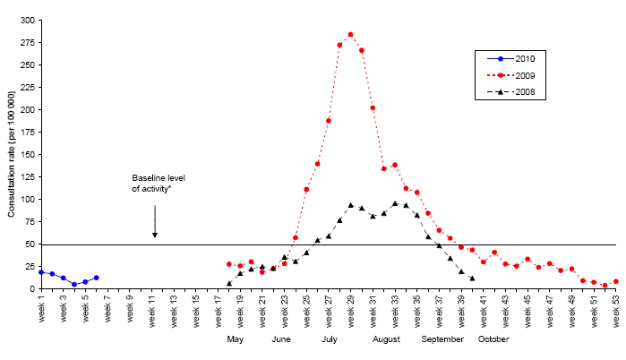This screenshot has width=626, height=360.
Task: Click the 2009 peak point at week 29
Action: (x=350, y=34)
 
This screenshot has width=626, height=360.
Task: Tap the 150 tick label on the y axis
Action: (x=27, y=155)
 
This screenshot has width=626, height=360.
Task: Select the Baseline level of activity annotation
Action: (x=155, y=184)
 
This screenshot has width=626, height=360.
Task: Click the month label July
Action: (x=330, y=339)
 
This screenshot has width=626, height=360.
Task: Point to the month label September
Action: (x=442, y=339)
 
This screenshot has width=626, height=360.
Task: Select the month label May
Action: (x=236, y=339)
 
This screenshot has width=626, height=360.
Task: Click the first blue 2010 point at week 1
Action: (x=41, y=271)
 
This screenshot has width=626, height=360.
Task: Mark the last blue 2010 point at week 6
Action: (x=96, y=278)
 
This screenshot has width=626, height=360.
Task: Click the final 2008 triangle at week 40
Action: (x=472, y=279)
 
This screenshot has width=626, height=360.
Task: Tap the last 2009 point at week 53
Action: (x=616, y=281)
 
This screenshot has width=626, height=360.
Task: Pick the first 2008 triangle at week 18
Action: (x=229, y=284)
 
